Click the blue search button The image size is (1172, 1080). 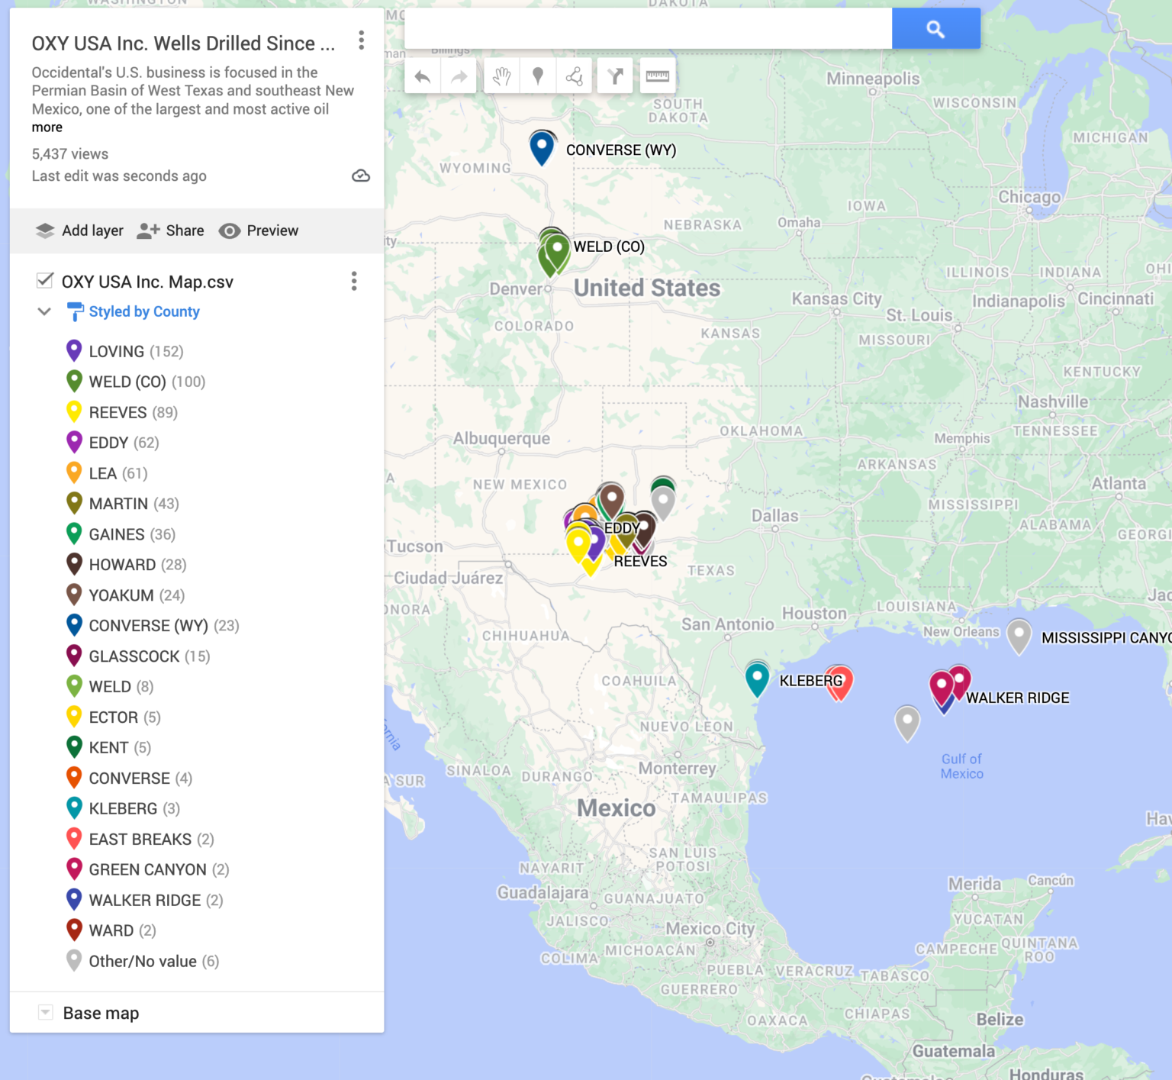[935, 29]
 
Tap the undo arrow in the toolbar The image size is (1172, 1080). [423, 76]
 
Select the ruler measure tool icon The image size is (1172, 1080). [657, 76]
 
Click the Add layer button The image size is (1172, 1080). [79, 231]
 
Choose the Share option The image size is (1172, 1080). [170, 231]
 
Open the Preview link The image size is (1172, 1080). [259, 231]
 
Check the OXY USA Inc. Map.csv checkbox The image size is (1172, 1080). [45, 281]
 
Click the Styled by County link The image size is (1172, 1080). [144, 311]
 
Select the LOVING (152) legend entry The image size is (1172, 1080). [136, 351]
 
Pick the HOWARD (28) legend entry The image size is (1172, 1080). [137, 565]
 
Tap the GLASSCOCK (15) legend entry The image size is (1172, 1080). [149, 656]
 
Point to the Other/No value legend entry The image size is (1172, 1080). [153, 961]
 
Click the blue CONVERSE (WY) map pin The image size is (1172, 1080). [542, 147]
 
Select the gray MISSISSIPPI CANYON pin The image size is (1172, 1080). [1019, 635]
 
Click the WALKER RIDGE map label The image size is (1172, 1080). [1017, 698]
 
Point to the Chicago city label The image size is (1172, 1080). [1029, 197]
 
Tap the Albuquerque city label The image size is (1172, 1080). [501, 439]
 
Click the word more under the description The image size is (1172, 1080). [47, 127]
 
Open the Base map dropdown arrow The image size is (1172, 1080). [46, 1013]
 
